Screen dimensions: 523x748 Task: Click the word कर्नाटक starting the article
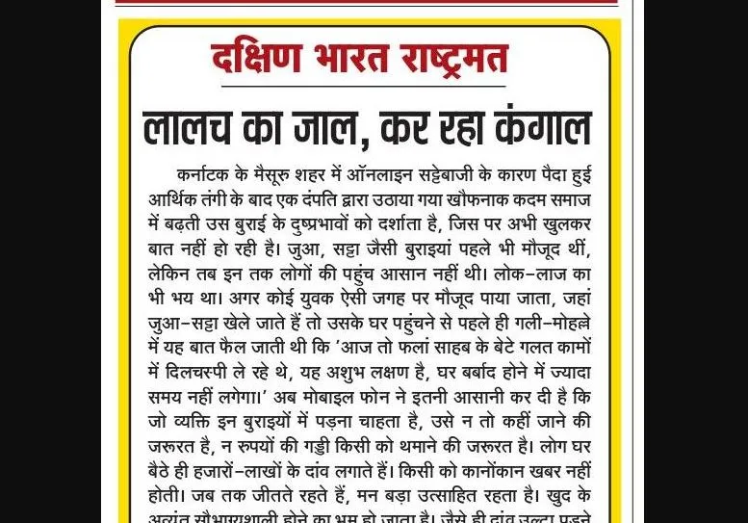coord(208,175)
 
